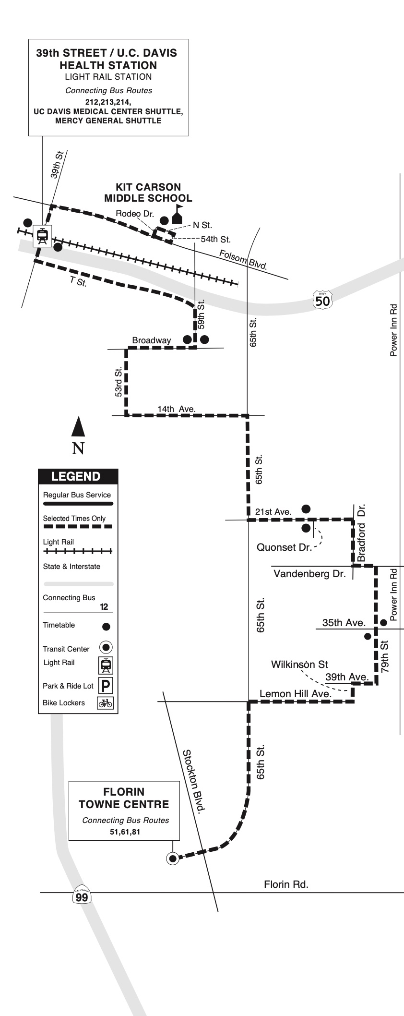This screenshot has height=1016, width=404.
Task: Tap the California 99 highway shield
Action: pyautogui.click(x=82, y=895)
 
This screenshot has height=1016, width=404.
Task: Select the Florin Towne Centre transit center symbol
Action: pyautogui.click(x=172, y=858)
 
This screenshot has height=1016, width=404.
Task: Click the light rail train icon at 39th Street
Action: pyautogui.click(x=42, y=235)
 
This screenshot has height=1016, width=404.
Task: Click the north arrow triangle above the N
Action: pyautogui.click(x=78, y=427)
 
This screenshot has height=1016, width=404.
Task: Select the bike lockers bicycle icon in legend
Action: pyautogui.click(x=105, y=703)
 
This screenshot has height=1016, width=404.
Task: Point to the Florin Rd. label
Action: pyautogui.click(x=286, y=884)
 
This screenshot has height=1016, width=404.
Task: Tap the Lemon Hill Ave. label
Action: pyautogui.click(x=295, y=694)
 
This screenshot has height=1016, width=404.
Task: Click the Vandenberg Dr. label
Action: pyautogui.click(x=309, y=574)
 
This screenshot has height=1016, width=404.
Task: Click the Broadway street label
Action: pyautogui.click(x=151, y=340)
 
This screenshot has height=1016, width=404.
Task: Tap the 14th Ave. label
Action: pyautogui.click(x=176, y=409)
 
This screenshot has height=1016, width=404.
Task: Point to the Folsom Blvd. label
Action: pyautogui.click(x=243, y=260)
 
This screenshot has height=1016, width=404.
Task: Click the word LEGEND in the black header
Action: pyautogui.click(x=76, y=476)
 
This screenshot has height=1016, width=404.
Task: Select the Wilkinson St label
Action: pyautogui.click(x=299, y=665)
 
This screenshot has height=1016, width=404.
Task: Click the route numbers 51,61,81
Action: pyautogui.click(x=125, y=832)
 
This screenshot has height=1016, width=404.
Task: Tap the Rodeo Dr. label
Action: pyautogui.click(x=135, y=214)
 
